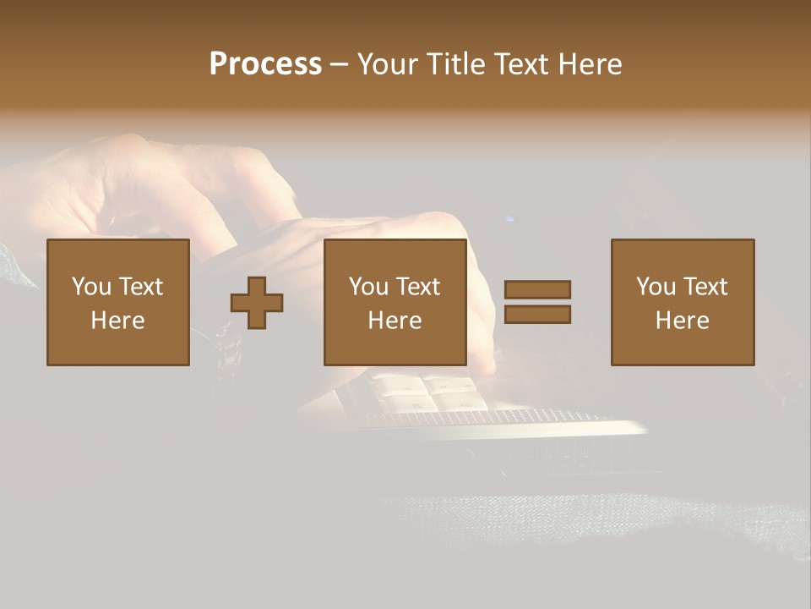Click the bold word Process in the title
click(265, 64)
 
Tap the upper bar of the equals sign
click(537, 289)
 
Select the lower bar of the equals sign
click(537, 314)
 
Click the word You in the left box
click(92, 287)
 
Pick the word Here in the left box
click(118, 321)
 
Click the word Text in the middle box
click(416, 287)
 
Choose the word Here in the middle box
click(395, 321)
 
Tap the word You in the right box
click(656, 287)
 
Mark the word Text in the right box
click(704, 287)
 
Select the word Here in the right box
click(683, 321)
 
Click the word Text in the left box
click(139, 287)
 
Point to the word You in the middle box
click(369, 287)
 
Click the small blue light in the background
click(509, 220)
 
